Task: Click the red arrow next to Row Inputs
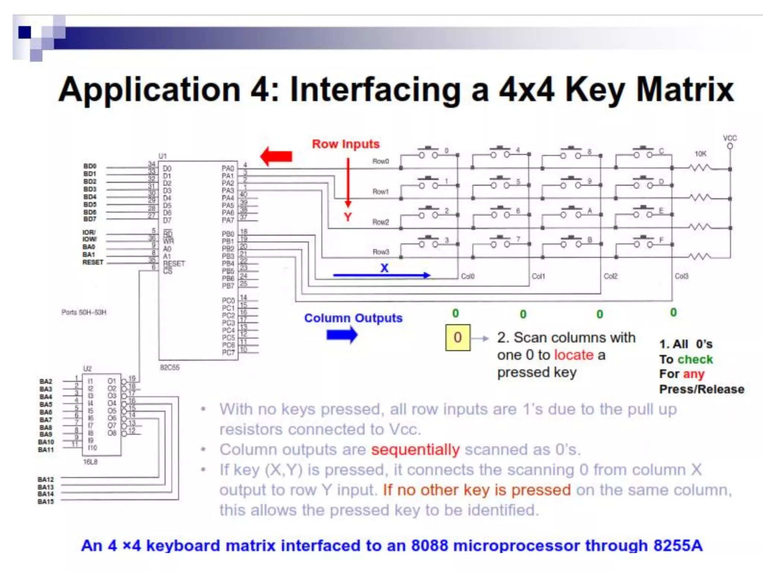pyautogui.click(x=276, y=156)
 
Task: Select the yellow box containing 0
pyautogui.click(x=458, y=337)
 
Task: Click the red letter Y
pyautogui.click(x=348, y=217)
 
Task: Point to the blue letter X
pyautogui.click(x=384, y=268)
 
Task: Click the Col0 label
pyautogui.click(x=468, y=276)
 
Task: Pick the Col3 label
pyautogui.click(x=681, y=276)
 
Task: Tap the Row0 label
pyautogui.click(x=380, y=161)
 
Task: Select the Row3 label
pyautogui.click(x=380, y=252)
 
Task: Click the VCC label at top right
pyautogui.click(x=730, y=138)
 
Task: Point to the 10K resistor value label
pyautogui.click(x=700, y=154)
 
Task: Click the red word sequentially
pyautogui.click(x=415, y=449)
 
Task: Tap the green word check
pyautogui.click(x=695, y=359)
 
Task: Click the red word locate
pyautogui.click(x=574, y=355)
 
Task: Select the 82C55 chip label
pyautogui.click(x=170, y=368)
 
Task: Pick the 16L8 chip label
pyautogui.click(x=90, y=462)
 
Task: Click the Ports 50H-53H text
pyautogui.click(x=84, y=312)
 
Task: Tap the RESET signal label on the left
pyautogui.click(x=93, y=262)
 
